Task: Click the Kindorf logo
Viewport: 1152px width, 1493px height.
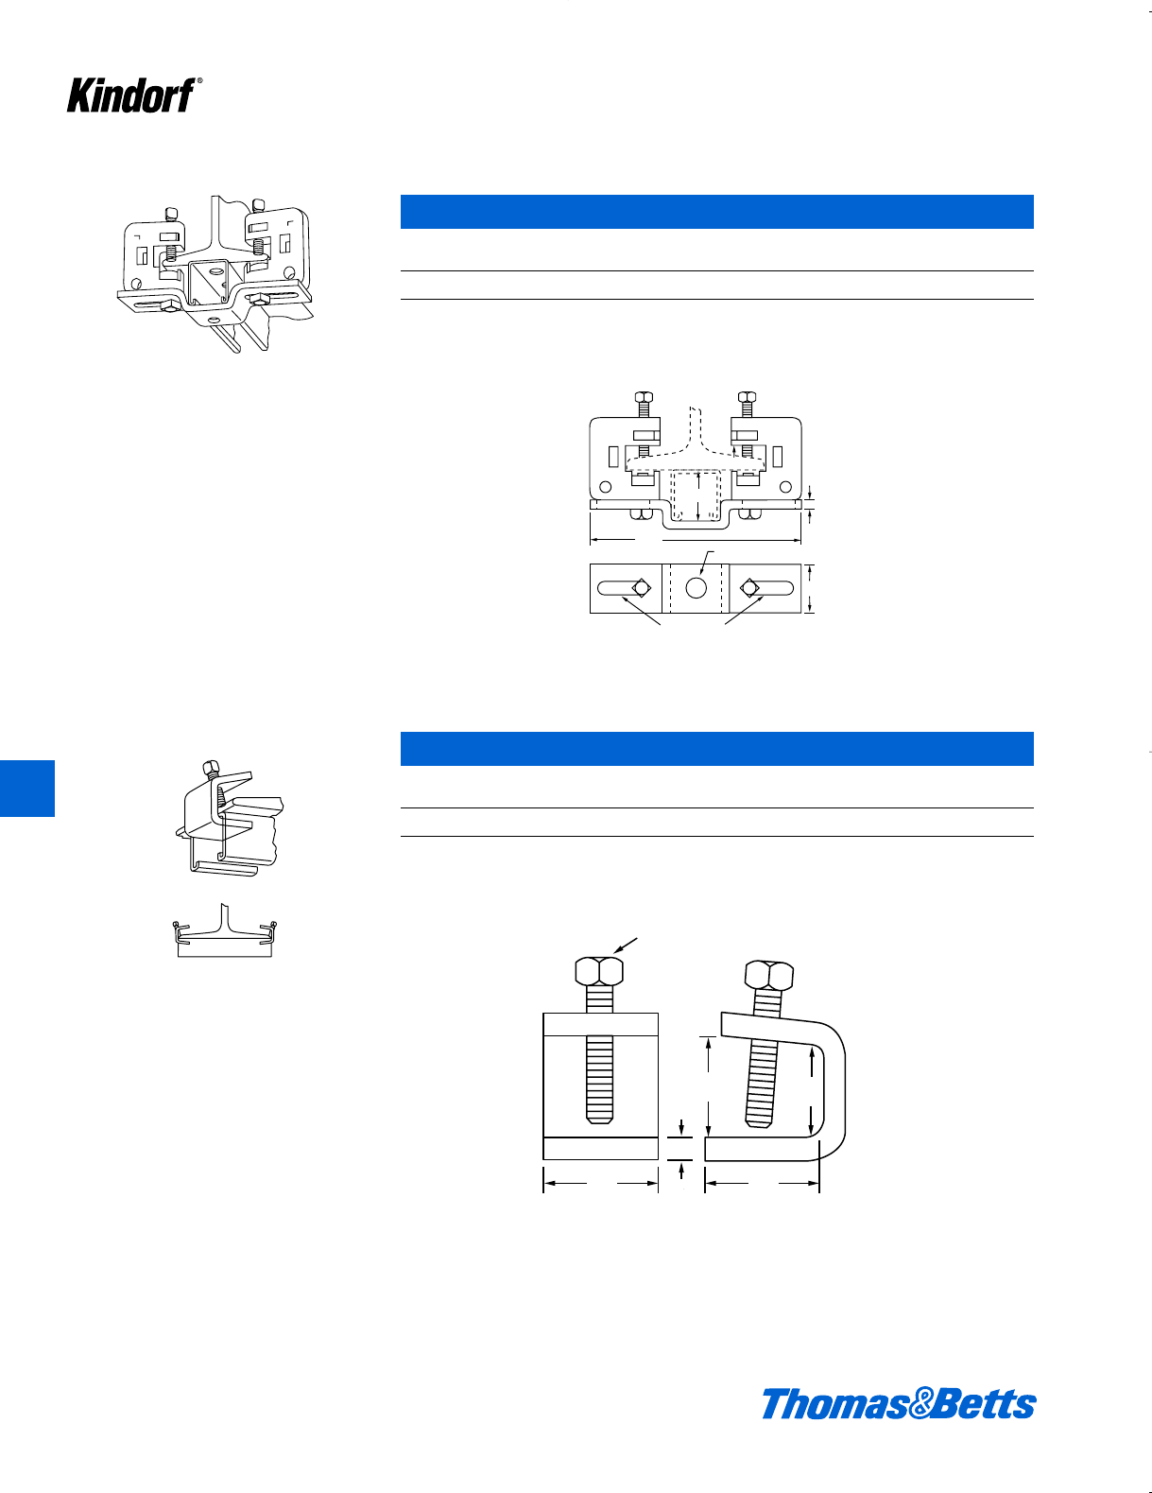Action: click(x=131, y=96)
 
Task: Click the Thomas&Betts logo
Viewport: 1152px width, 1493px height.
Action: click(x=898, y=1404)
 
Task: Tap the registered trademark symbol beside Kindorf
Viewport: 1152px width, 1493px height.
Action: click(x=199, y=81)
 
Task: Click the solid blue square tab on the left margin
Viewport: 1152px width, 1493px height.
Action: click(x=27, y=788)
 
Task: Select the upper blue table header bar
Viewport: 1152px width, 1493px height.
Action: click(x=716, y=212)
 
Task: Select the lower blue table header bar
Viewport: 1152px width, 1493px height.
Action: click(x=716, y=749)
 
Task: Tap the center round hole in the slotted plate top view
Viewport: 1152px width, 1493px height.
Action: click(x=696, y=588)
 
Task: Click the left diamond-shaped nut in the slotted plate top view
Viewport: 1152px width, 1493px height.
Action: click(x=642, y=588)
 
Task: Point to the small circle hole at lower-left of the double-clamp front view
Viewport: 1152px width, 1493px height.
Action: click(x=605, y=486)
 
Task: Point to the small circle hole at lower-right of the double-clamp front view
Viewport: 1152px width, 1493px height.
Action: click(x=785, y=486)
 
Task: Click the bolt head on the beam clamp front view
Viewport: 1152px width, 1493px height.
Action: click(x=599, y=971)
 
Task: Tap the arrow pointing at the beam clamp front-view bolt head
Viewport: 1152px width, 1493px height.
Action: click(x=626, y=946)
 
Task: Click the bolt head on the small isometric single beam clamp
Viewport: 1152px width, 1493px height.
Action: click(x=212, y=768)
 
